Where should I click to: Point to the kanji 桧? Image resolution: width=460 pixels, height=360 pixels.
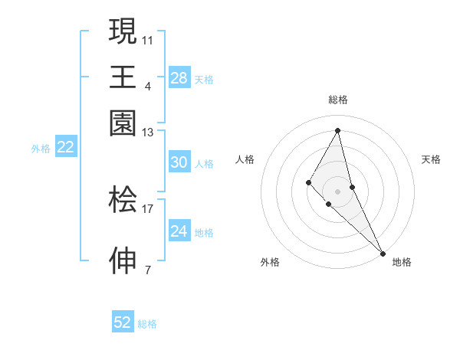123,200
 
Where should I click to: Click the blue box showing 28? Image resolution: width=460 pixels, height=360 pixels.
179,78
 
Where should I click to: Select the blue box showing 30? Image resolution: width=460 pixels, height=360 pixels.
179,162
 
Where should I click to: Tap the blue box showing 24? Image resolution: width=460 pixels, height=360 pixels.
179,231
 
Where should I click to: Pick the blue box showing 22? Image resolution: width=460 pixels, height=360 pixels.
65,148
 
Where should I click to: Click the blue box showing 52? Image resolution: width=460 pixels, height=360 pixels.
123,322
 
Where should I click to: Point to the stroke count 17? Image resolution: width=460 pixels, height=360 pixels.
148,208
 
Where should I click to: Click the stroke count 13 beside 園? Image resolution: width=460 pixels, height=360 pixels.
148,133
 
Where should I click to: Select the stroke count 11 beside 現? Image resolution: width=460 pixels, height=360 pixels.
148,39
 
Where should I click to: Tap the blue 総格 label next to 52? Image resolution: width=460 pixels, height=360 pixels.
147,324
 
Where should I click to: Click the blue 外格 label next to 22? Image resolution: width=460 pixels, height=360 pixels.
40,149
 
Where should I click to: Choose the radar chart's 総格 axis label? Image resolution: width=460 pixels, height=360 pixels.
337,100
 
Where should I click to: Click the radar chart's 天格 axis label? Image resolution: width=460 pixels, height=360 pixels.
431,159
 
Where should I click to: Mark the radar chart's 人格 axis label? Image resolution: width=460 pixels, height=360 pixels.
245,159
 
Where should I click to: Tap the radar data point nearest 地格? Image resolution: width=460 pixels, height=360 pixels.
383,252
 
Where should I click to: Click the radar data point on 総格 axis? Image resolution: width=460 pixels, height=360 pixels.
337,130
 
